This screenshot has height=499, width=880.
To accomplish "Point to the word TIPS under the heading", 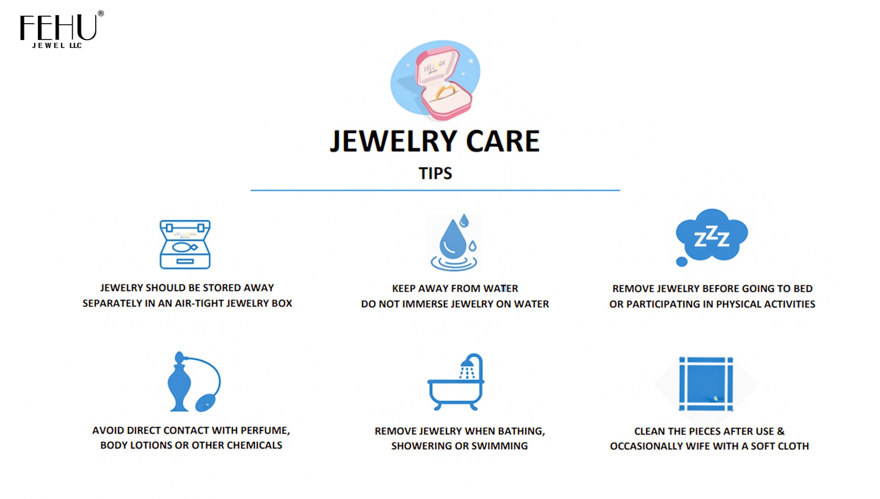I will (435, 173).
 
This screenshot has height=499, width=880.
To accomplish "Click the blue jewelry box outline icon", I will (185, 244).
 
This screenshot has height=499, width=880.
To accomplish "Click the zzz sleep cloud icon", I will (712, 235).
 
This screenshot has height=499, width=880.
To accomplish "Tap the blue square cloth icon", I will (706, 384).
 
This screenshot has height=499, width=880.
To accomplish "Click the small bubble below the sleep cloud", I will (682, 262).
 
